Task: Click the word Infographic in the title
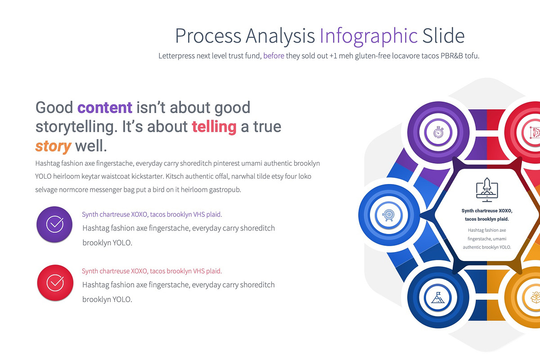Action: [369, 36]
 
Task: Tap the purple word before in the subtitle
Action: [274, 56]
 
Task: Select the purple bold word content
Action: [105, 108]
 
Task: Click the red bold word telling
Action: [214, 127]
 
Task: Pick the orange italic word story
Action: [53, 146]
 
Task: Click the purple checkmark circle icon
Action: [55, 224]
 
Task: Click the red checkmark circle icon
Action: [55, 283]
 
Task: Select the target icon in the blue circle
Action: [387, 216]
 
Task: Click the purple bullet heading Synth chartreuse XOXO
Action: [152, 215]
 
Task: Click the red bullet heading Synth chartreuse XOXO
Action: [152, 271]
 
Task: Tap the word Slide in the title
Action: [443, 36]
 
